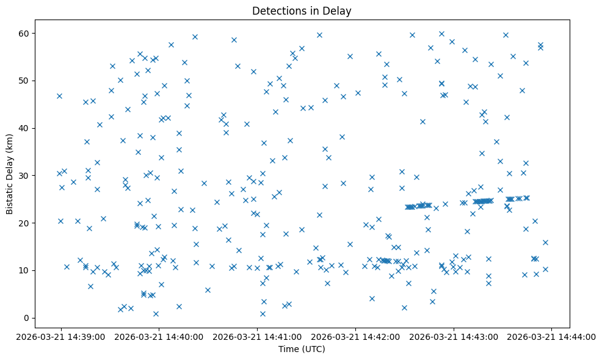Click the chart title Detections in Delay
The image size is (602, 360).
click(x=302, y=11)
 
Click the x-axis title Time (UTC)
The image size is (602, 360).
click(x=302, y=350)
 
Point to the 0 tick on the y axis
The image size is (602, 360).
click(x=26, y=318)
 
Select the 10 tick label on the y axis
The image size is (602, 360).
click(x=24, y=270)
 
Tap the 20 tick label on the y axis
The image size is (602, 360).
click(x=24, y=223)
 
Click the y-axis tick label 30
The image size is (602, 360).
click(x=24, y=176)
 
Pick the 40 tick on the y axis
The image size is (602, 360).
click(x=24, y=128)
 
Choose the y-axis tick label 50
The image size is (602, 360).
click(x=24, y=81)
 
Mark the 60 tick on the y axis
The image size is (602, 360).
click(x=24, y=33)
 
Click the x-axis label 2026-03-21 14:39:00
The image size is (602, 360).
click(x=61, y=337)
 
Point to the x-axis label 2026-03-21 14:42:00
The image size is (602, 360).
click(x=355, y=337)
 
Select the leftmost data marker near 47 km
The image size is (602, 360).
click(x=59, y=96)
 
